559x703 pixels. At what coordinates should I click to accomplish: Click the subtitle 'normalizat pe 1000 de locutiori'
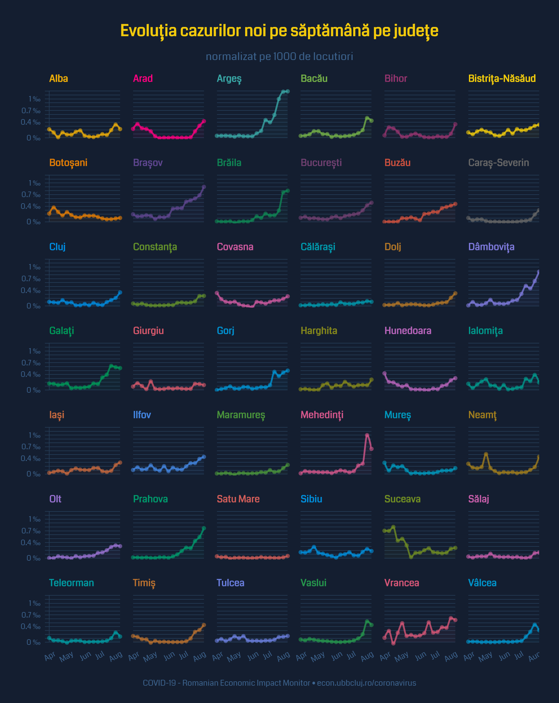point(279,56)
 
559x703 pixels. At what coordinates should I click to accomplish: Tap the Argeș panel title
point(229,79)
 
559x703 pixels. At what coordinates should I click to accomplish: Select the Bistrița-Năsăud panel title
point(502,79)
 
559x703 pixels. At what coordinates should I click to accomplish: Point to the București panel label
point(321,163)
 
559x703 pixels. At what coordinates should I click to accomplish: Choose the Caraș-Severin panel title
point(498,163)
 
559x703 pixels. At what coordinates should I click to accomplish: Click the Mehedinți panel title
point(322,415)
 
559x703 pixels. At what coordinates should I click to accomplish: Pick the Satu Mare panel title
point(238,499)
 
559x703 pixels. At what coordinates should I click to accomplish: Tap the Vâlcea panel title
point(482,583)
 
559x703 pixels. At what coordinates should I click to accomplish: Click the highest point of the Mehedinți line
point(367,435)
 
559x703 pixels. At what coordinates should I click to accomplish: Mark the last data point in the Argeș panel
point(288,91)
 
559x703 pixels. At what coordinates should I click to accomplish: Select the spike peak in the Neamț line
point(486,454)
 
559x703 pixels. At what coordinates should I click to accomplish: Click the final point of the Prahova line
point(204,528)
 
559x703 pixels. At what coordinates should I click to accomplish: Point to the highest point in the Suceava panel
point(393,527)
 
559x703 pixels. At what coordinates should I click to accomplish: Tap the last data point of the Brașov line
point(204,187)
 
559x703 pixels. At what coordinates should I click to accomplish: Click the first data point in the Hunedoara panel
point(384,373)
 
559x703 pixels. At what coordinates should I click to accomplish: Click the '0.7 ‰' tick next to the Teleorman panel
point(31,615)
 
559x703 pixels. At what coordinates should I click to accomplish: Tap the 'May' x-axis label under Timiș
point(150,657)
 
